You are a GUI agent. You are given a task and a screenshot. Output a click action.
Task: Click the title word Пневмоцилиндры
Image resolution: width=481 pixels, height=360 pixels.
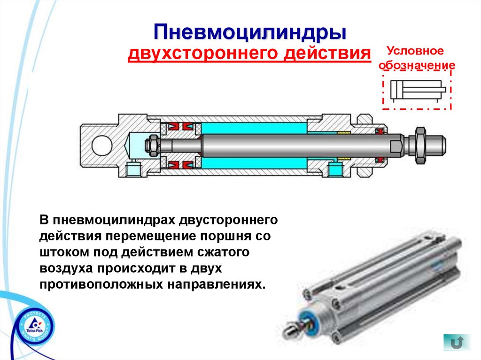(x=250, y=32)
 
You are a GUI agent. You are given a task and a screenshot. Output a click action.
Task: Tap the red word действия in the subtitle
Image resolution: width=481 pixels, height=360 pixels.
(x=327, y=53)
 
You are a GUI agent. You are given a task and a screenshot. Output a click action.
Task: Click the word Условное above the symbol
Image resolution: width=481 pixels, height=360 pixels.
(x=415, y=51)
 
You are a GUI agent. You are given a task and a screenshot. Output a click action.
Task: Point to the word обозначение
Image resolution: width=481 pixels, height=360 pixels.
(x=417, y=65)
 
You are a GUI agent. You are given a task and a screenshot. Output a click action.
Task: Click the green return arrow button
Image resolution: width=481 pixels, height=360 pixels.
(x=457, y=342)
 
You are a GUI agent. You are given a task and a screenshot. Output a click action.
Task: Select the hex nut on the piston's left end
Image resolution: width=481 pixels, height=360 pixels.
(x=152, y=145)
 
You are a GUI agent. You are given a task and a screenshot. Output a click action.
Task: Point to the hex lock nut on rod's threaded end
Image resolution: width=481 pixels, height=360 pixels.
(x=419, y=145)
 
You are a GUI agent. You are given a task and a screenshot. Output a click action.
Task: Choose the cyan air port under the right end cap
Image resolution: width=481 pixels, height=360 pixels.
(x=335, y=169)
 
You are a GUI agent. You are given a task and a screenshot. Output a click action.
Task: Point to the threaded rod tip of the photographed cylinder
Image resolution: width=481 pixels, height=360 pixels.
(x=291, y=329)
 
